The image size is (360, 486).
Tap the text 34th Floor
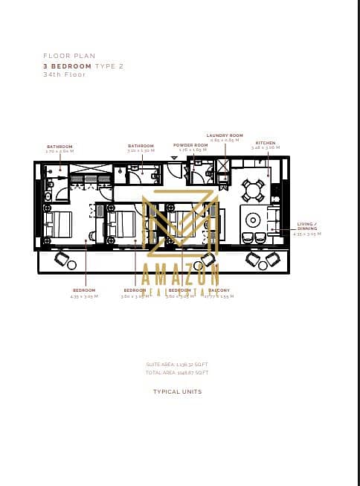(x=65, y=74)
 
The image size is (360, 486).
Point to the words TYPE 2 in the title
(x=109, y=66)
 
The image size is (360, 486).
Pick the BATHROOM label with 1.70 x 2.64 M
(x=60, y=147)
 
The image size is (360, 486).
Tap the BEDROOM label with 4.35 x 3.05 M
(x=84, y=291)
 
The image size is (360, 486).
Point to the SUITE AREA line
(x=177, y=364)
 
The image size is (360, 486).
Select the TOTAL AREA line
(x=177, y=372)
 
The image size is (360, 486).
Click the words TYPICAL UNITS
(x=177, y=391)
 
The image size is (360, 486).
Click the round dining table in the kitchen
(x=254, y=191)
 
